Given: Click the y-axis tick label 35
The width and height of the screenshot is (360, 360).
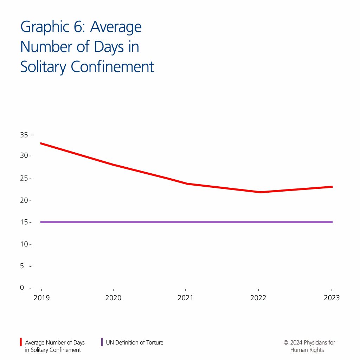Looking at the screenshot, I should coord(24,135).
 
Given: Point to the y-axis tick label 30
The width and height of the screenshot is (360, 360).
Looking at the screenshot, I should coord(24,155).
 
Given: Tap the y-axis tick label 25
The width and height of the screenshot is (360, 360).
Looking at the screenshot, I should coord(24,178).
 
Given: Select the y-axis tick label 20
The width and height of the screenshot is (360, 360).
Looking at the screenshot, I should coord(24,200).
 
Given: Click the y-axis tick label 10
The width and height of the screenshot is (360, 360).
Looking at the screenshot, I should coord(24,244).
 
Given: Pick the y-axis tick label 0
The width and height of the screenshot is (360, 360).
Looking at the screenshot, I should coord(22,288).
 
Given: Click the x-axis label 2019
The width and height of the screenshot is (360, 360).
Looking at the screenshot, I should coord(41,298).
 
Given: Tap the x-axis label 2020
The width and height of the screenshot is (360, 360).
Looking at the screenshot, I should coord(113,298).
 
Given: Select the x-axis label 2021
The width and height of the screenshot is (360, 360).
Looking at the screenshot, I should coord(186,298).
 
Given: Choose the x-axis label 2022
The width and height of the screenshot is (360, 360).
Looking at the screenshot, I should coord(258,298).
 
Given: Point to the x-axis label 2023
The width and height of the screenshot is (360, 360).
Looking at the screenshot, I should coord(332,298).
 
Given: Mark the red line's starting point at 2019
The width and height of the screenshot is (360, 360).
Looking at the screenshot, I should coord(41,143).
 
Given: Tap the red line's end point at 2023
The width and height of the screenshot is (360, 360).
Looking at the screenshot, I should coord(332,187).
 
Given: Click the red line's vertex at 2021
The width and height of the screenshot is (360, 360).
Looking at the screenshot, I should coord(186,184).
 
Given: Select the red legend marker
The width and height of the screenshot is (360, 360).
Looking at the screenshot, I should coord(21,342).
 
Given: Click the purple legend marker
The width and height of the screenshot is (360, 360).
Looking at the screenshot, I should coord(102,342).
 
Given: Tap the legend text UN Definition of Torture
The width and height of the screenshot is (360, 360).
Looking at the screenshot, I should coord(135,342).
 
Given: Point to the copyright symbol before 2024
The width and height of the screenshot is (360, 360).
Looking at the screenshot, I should coord(286,342).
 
